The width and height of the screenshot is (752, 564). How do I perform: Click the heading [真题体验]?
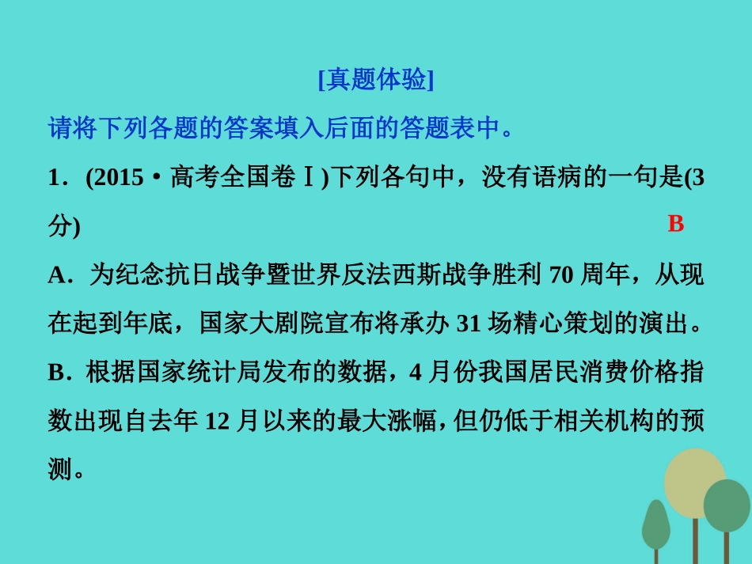click(376, 81)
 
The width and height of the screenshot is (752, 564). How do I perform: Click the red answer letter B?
click(675, 224)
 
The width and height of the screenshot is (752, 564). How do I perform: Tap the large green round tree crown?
click(727, 506)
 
